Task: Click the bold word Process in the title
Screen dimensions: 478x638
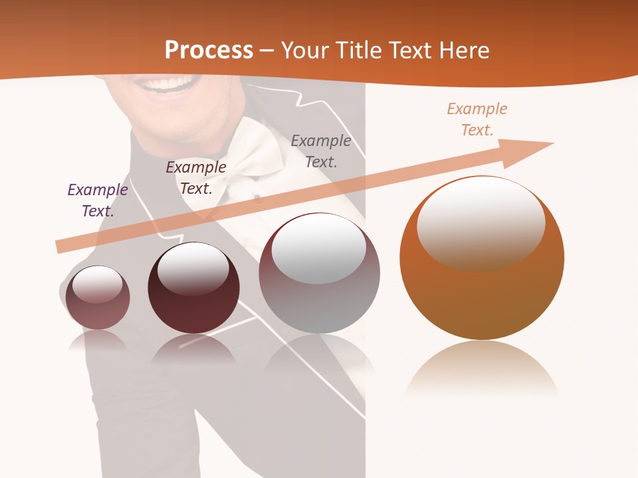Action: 209,50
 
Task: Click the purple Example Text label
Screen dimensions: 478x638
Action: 98,200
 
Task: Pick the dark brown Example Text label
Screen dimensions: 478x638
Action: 196,178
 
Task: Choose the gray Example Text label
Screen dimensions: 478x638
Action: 321,151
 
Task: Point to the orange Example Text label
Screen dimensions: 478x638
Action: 477,119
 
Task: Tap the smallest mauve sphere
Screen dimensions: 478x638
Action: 98,298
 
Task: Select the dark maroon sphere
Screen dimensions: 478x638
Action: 193,288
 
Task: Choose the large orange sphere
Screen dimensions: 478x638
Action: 482,292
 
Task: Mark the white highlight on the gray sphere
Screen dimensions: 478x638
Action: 319,246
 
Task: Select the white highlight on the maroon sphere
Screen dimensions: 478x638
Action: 193,266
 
